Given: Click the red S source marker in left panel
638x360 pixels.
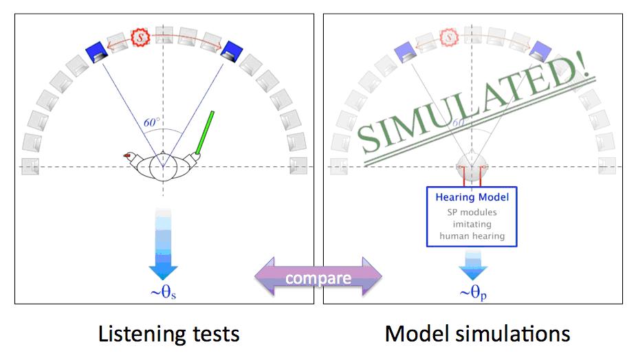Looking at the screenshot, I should [x=140, y=36].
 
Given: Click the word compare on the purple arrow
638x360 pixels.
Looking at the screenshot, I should [x=318, y=278].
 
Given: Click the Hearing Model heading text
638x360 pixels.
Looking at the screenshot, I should [x=472, y=197].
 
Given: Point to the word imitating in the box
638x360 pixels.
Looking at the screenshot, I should [x=472, y=224].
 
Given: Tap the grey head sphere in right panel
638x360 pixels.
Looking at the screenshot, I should [x=472, y=167].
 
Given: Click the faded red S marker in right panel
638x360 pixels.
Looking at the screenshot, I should [x=449, y=35].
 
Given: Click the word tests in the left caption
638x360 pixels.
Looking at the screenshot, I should [x=214, y=335].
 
